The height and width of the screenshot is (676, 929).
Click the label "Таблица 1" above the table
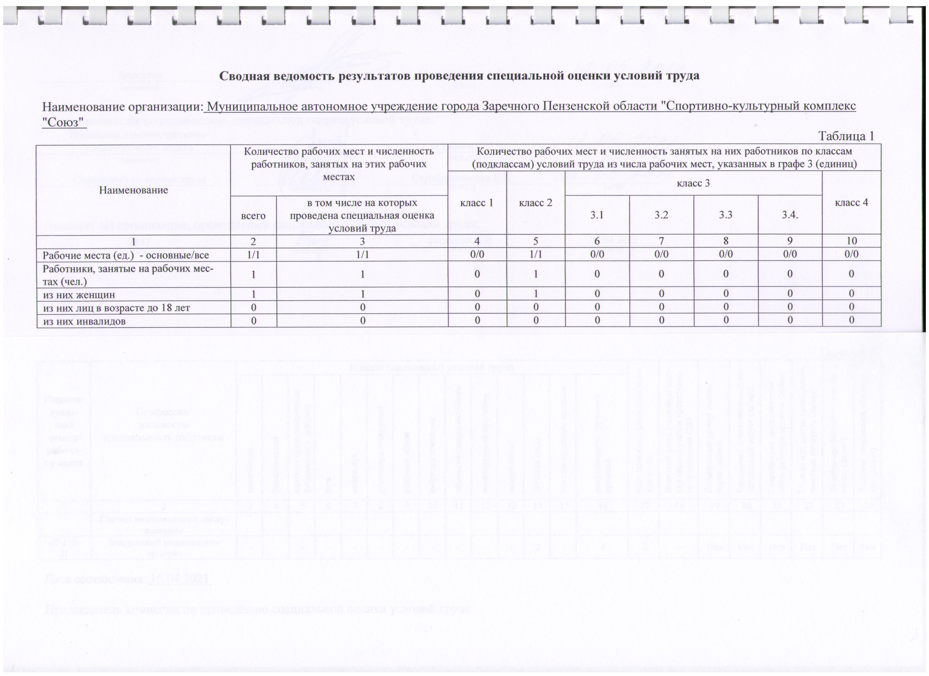[x=846, y=136]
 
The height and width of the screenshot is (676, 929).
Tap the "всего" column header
[x=254, y=215]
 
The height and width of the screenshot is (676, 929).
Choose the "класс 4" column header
[x=851, y=203]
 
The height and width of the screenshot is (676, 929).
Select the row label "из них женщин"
[x=79, y=295]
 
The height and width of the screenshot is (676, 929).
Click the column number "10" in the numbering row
[x=851, y=241]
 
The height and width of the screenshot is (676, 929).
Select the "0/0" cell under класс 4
[x=851, y=254]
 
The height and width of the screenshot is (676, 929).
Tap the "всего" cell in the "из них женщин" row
[x=254, y=295]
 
